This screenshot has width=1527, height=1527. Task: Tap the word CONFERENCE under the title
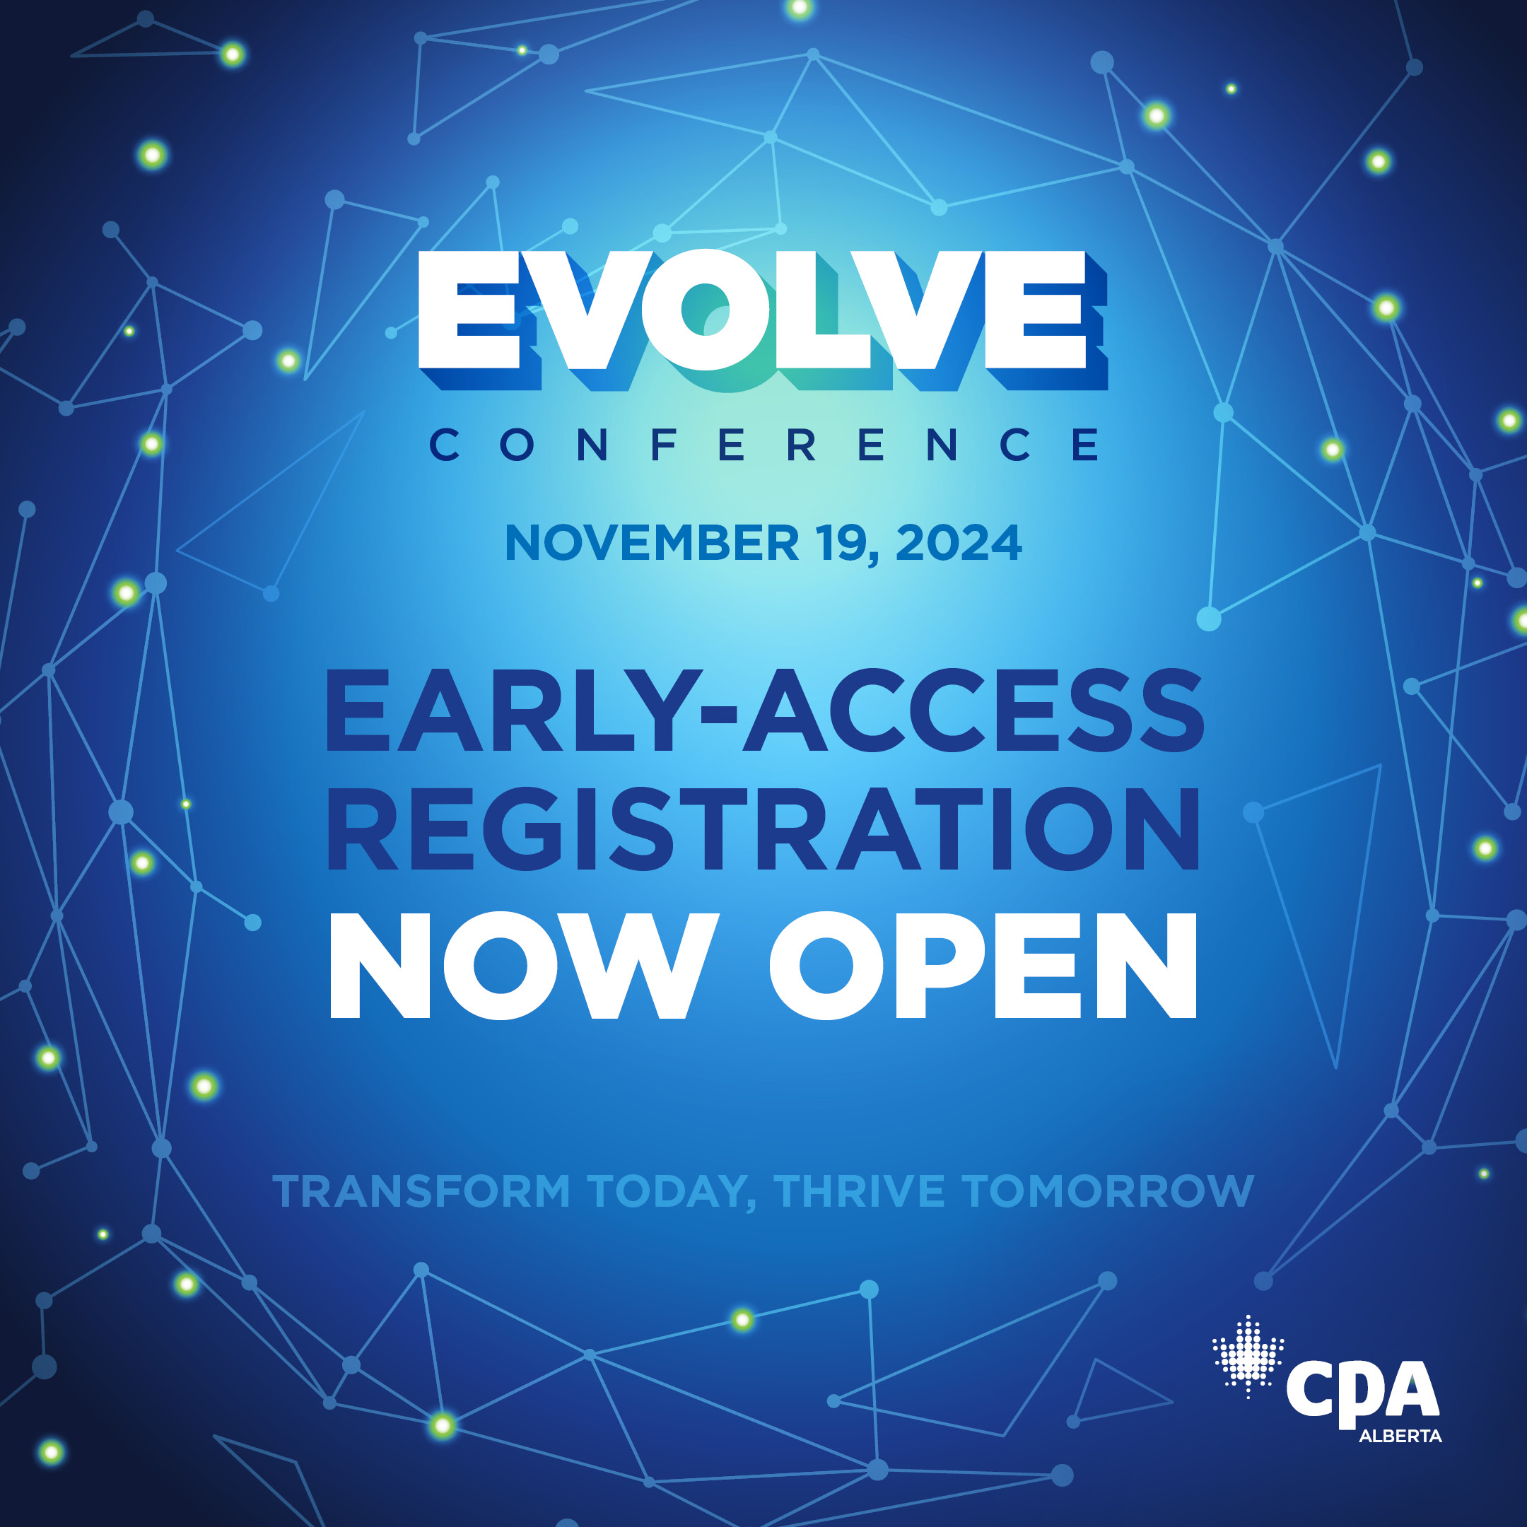[763, 444]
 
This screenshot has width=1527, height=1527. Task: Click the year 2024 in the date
[959, 543]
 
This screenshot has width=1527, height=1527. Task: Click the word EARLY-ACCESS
[765, 710]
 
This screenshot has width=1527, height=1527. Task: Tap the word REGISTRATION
[763, 829]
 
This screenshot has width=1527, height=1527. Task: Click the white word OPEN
[984, 965]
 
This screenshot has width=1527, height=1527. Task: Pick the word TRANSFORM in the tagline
[421, 1191]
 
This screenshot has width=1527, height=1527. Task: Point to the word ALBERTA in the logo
[1400, 1436]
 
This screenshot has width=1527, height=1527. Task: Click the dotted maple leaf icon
[1248, 1357]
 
